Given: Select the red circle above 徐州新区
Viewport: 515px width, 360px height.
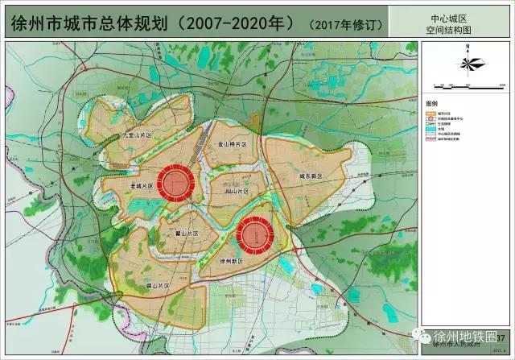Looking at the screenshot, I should [x=257, y=234].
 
